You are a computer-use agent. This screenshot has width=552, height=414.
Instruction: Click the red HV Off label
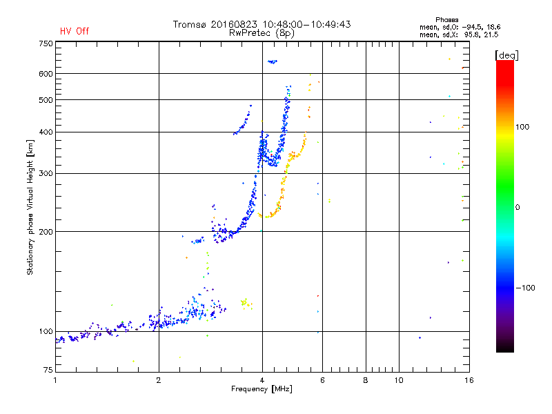(75, 31)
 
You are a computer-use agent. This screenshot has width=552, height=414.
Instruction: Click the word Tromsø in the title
(188, 24)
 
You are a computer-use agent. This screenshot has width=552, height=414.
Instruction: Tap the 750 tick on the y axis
(46, 43)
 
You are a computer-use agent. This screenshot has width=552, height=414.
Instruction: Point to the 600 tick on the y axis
(46, 74)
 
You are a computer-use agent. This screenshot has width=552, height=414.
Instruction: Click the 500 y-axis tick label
(46, 100)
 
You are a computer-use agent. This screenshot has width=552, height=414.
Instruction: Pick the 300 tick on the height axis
(46, 174)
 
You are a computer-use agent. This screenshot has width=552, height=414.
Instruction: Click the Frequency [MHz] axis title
(262, 390)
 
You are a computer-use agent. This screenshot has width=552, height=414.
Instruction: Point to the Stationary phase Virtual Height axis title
(30, 207)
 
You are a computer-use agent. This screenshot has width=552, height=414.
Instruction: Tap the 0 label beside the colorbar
(518, 207)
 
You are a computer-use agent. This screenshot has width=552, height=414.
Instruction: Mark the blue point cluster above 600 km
(272, 62)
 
